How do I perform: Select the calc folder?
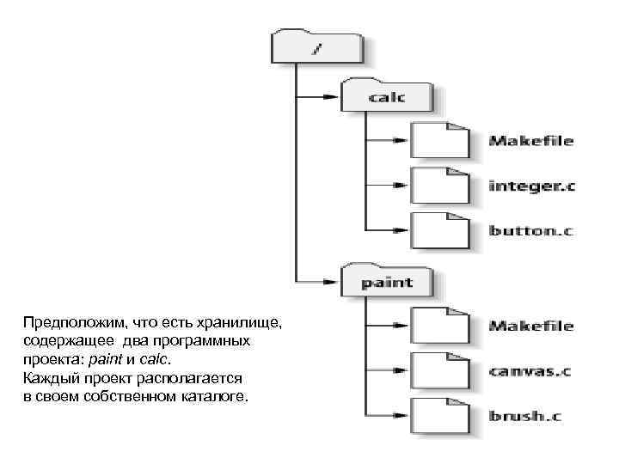coord(386,95)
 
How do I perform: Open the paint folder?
coord(386,280)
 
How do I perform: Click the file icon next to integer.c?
coord(439,185)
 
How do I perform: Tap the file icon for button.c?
coord(439,229)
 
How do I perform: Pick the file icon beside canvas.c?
coord(439,370)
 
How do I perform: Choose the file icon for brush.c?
coord(439,416)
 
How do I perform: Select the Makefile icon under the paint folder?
coord(439,326)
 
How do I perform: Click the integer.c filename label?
coord(530,186)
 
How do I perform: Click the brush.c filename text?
coord(524,417)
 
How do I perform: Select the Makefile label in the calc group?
coord(530,141)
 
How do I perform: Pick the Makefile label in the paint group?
coord(530,327)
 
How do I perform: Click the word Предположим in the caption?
coord(72,323)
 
